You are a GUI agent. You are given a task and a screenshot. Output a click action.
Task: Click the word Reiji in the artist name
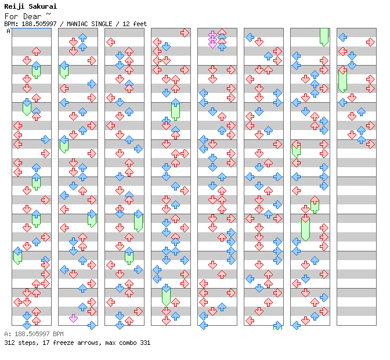pyautogui.click(x=14, y=6)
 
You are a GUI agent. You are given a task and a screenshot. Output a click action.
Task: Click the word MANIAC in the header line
pyautogui.click(x=75, y=24)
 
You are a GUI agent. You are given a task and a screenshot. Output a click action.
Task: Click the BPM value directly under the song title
pyautogui.click(x=37, y=24)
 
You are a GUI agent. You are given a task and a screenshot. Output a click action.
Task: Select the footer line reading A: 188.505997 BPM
pyautogui.click(x=34, y=334)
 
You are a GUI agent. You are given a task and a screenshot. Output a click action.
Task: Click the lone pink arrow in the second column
pyautogui.click(x=73, y=318)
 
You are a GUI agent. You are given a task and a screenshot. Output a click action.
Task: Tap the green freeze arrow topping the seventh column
pyautogui.click(x=324, y=37)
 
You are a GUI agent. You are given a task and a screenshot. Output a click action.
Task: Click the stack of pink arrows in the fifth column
pyautogui.click(x=212, y=39)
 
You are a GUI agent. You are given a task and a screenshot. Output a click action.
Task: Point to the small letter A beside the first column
pyautogui.click(x=8, y=31)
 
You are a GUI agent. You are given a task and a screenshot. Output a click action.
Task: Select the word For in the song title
pyautogui.click(x=11, y=16)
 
